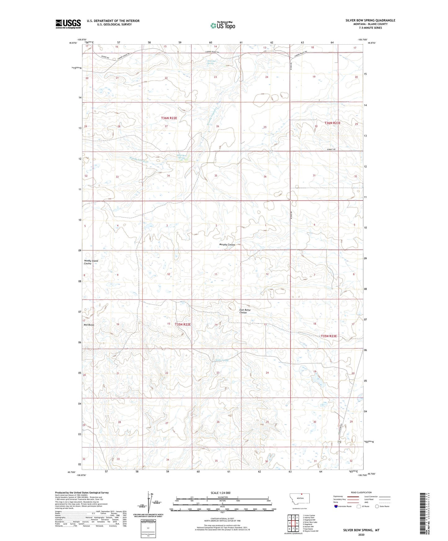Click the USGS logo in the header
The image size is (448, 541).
click(68, 24)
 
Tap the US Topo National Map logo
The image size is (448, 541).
click(222, 25)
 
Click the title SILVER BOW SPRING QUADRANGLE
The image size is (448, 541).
click(370, 20)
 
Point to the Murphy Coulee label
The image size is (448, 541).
click(227, 244)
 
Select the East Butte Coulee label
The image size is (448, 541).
click(245, 311)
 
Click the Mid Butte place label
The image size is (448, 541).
click(89, 325)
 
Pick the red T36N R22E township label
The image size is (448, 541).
click(169, 118)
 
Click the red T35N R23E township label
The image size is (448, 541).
click(329, 336)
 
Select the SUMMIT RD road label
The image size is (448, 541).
click(331, 150)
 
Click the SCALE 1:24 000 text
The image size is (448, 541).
click(220, 493)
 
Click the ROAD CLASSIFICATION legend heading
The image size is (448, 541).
click(361, 492)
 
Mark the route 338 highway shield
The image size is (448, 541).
click(339, 442)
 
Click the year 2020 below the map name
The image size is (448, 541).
click(361, 535)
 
